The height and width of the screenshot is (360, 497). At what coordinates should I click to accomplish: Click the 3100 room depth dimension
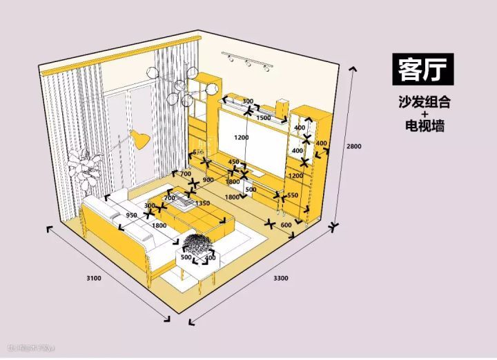(x=95, y=278)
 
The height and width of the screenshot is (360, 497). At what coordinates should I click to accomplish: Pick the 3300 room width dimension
(x=281, y=278)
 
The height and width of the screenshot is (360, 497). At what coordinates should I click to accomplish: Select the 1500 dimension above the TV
(x=263, y=119)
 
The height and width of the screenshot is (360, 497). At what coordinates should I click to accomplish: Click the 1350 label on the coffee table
(x=202, y=203)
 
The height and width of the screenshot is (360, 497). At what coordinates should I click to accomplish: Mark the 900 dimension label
(x=208, y=180)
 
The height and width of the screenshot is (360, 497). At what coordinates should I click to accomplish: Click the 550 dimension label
(x=292, y=195)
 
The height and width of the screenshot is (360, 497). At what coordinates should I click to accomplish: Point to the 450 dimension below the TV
(x=234, y=162)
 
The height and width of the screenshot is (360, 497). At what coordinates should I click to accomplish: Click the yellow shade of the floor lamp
(x=141, y=140)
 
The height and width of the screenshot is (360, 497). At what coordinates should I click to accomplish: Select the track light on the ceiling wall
(x=247, y=61)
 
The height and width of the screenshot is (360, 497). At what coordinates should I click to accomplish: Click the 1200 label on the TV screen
(x=241, y=137)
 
